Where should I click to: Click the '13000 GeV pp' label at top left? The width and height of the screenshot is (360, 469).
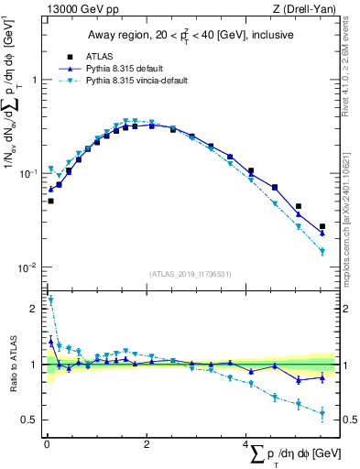click(77, 10)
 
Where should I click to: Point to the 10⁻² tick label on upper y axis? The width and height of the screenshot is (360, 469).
click(27, 267)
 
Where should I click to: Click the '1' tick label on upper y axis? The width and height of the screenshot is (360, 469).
click(34, 80)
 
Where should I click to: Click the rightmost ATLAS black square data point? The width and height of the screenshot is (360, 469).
click(322, 226)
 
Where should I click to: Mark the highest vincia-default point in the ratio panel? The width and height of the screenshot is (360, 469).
click(50, 300)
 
